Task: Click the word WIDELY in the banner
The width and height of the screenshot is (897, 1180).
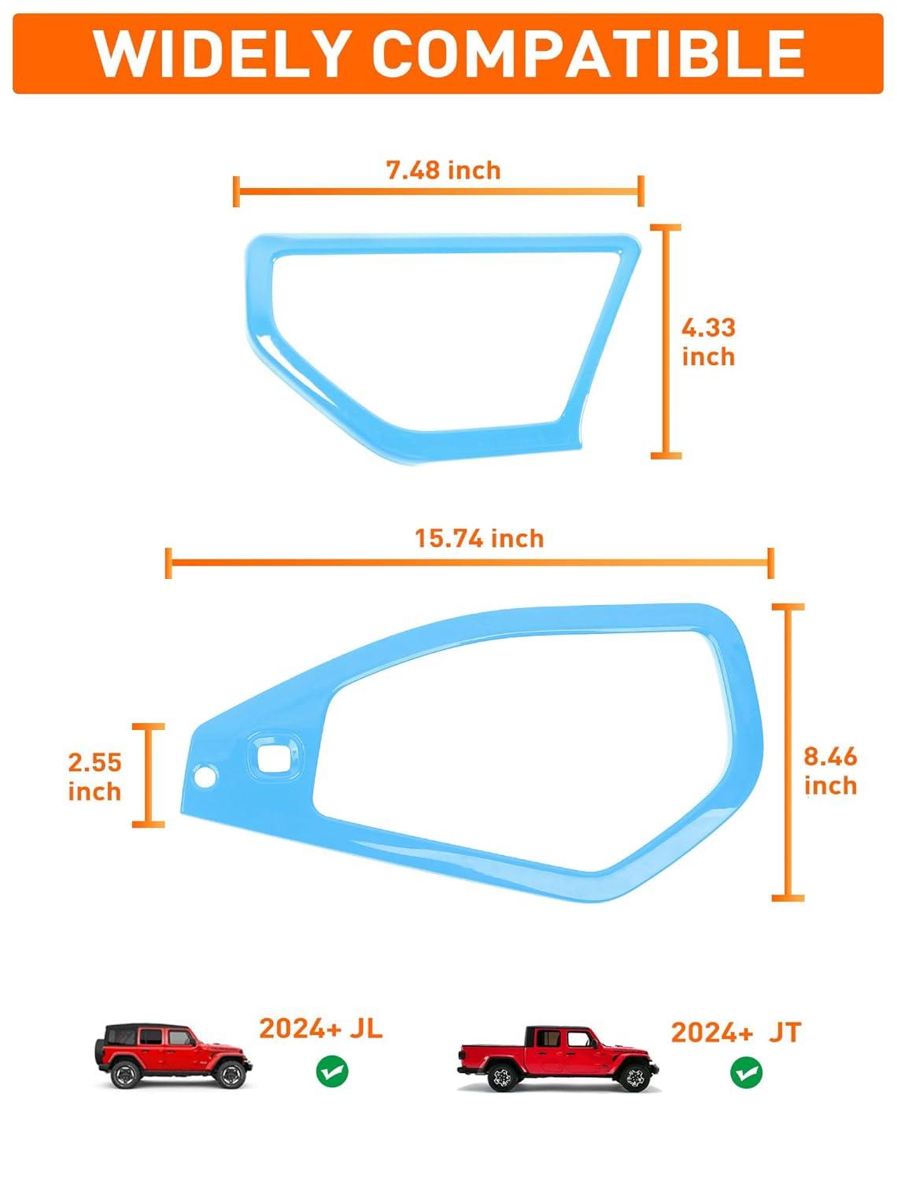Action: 220,53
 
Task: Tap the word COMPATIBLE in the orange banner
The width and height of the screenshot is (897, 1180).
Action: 589,53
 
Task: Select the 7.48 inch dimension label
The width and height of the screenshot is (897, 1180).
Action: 444,171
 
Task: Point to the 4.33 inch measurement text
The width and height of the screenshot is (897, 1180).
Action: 708,342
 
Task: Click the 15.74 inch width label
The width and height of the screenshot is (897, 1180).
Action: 479,538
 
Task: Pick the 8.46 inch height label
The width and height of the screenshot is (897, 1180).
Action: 830,771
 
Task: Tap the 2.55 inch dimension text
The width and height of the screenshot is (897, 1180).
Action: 95,776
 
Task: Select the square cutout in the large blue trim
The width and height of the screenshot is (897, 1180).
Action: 274,758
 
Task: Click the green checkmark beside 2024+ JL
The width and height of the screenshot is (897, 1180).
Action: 332,1071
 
